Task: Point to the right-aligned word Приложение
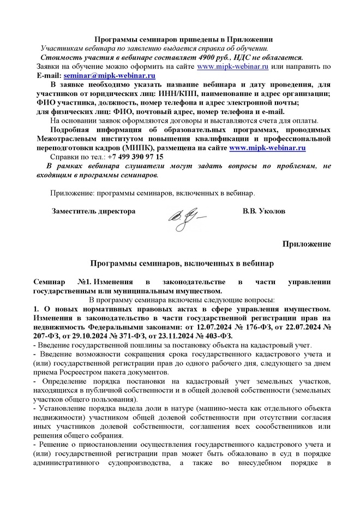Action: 306,243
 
